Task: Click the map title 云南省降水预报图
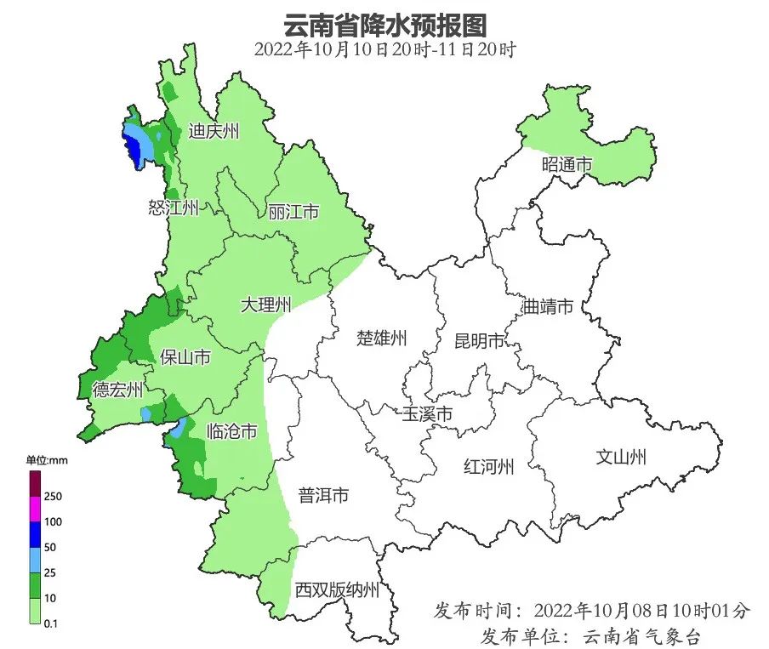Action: click(x=385, y=23)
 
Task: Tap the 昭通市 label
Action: click(x=567, y=165)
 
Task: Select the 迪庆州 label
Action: click(x=214, y=132)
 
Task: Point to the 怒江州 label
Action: click(x=174, y=207)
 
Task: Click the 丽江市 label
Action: click(x=293, y=211)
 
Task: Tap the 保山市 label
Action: click(x=185, y=358)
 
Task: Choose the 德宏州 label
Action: click(x=118, y=390)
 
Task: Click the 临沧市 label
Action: click(x=232, y=431)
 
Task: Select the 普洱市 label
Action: click(x=323, y=495)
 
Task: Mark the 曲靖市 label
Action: click(x=548, y=307)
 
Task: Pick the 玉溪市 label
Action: click(x=427, y=414)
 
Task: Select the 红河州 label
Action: click(x=489, y=467)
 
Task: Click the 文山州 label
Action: click(x=620, y=458)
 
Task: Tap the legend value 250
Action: click(x=53, y=496)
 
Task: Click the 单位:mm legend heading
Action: click(x=46, y=460)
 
